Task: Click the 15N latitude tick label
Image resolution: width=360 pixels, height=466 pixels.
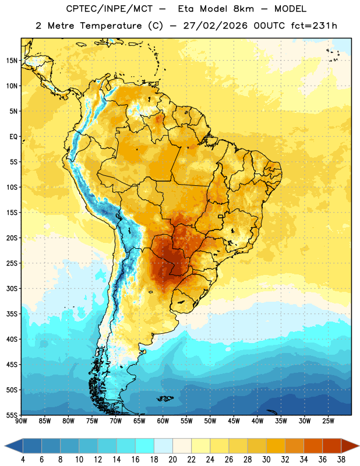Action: pyautogui.click(x=12, y=61)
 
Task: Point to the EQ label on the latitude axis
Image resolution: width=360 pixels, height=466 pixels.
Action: pyautogui.click(x=13, y=137)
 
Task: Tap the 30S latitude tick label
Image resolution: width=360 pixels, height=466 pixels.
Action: pyautogui.click(x=12, y=288)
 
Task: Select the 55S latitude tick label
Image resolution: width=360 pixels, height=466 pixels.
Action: pyautogui.click(x=12, y=415)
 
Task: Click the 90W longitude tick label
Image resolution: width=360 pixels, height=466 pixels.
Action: pyautogui.click(x=21, y=421)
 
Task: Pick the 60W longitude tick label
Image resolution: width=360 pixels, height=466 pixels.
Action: pyautogui.click(x=163, y=421)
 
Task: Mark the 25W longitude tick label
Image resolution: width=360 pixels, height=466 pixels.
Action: pyautogui.click(x=328, y=421)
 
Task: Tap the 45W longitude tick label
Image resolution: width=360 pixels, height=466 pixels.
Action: pyautogui.click(x=234, y=421)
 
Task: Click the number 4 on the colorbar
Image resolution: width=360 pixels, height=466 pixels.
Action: pyautogui.click(x=23, y=460)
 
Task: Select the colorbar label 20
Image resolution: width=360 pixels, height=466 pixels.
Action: pyautogui.click(x=172, y=460)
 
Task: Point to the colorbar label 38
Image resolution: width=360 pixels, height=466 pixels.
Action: pyautogui.click(x=341, y=460)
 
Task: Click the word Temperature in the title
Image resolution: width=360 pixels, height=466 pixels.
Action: pyautogui.click(x=111, y=26)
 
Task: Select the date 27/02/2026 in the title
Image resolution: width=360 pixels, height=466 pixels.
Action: pyautogui.click(x=215, y=26)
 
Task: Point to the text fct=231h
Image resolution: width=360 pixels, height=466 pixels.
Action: pyautogui.click(x=314, y=26)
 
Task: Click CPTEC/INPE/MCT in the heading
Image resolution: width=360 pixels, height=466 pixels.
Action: pyautogui.click(x=110, y=9)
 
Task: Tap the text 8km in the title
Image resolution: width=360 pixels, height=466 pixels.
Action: pyautogui.click(x=243, y=9)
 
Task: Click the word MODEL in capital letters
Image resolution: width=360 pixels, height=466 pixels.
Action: pyautogui.click(x=290, y=9)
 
